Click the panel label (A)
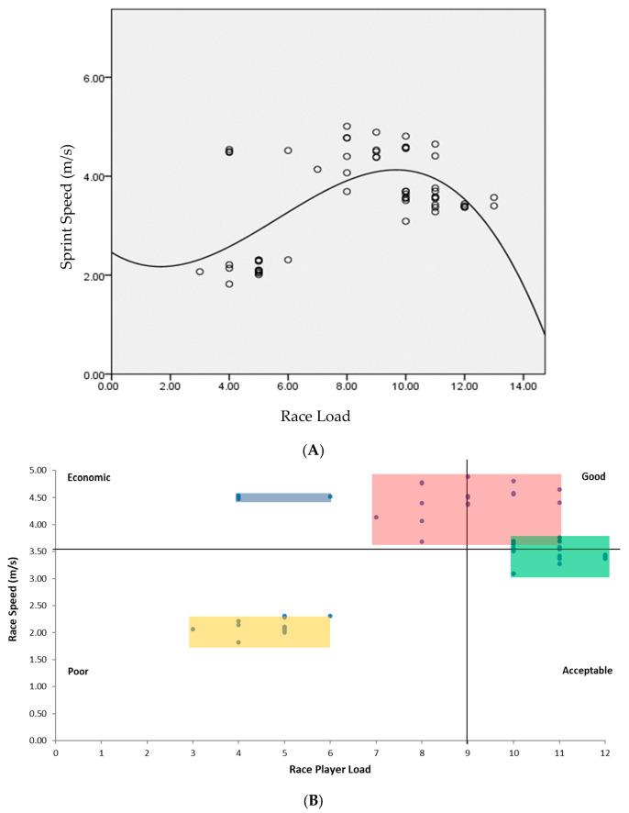[x=315, y=450]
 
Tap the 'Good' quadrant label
[x=594, y=476]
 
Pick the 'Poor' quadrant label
[x=79, y=672]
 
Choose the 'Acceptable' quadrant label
[x=587, y=671]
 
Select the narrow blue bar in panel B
[x=283, y=497]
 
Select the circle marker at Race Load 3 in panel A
[x=199, y=272]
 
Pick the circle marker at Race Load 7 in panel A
[x=317, y=169]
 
